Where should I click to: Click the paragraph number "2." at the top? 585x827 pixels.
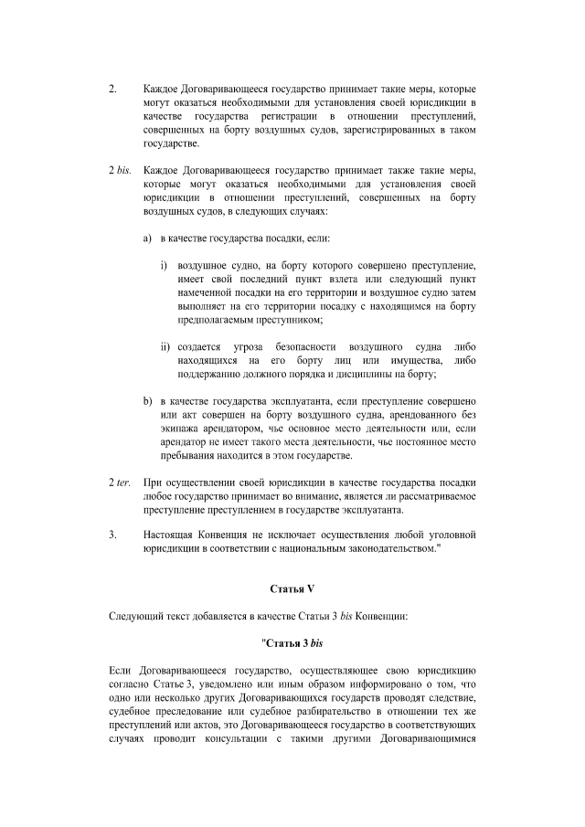(112, 91)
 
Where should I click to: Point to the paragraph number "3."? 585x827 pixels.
(112, 534)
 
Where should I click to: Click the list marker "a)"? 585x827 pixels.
(147, 238)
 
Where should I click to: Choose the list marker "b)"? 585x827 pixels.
(147, 402)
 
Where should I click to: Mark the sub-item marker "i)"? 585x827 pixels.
(165, 268)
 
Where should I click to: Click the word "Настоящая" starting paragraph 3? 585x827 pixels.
(171, 534)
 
